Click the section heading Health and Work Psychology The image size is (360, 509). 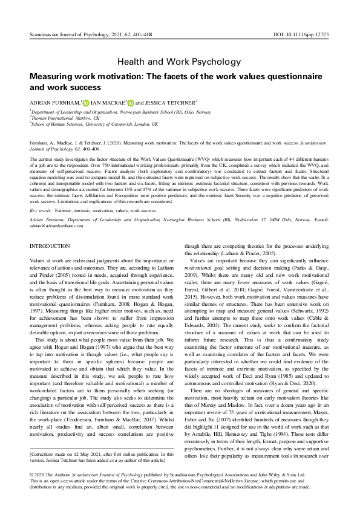pos(180,62)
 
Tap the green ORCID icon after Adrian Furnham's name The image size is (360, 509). pos(86,103)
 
